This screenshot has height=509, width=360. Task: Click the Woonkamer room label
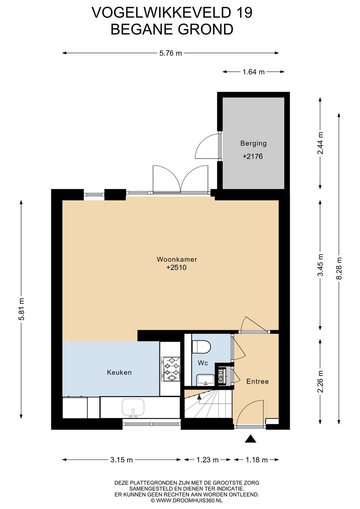coord(177,259)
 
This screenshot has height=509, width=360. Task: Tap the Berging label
coord(253,143)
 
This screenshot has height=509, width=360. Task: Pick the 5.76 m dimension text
coord(171,53)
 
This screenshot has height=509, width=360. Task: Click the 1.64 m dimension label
coord(253,72)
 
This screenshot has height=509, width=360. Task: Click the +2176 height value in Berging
coord(253,156)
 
